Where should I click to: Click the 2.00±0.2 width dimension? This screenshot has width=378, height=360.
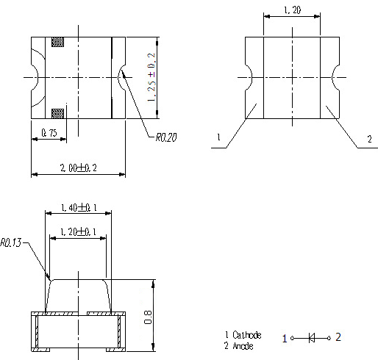[79, 168]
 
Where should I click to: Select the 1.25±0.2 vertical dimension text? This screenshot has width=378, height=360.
[151, 77]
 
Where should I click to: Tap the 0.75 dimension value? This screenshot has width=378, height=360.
[49, 133]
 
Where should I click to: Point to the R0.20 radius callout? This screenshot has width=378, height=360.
[166, 137]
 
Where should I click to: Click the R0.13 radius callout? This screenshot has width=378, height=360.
[11, 242]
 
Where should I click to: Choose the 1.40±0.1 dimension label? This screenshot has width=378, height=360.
[79, 208]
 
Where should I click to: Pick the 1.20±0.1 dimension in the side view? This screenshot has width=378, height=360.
[78, 231]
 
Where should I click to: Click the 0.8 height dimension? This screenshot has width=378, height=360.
[148, 317]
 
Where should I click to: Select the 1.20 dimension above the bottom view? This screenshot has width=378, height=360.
[292, 10]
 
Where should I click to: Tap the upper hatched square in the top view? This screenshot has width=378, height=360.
[58, 42]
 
